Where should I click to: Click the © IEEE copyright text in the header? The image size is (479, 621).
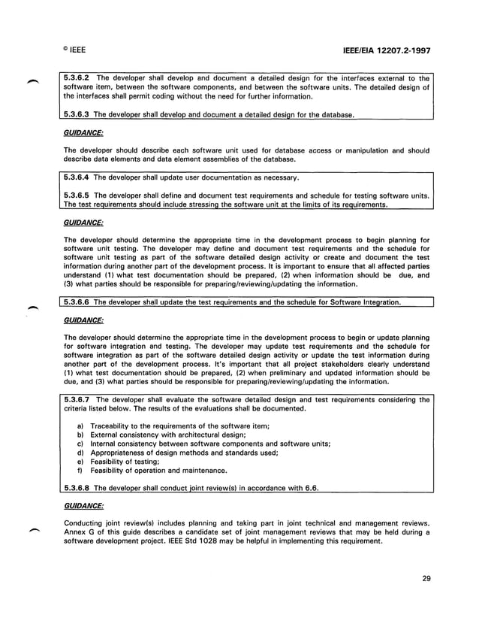click(72, 50)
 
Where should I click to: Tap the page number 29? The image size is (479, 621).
click(426, 577)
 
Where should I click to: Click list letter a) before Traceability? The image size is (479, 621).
click(80, 426)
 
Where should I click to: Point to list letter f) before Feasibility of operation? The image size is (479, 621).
click(80, 470)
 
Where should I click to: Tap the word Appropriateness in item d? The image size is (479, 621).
click(119, 453)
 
